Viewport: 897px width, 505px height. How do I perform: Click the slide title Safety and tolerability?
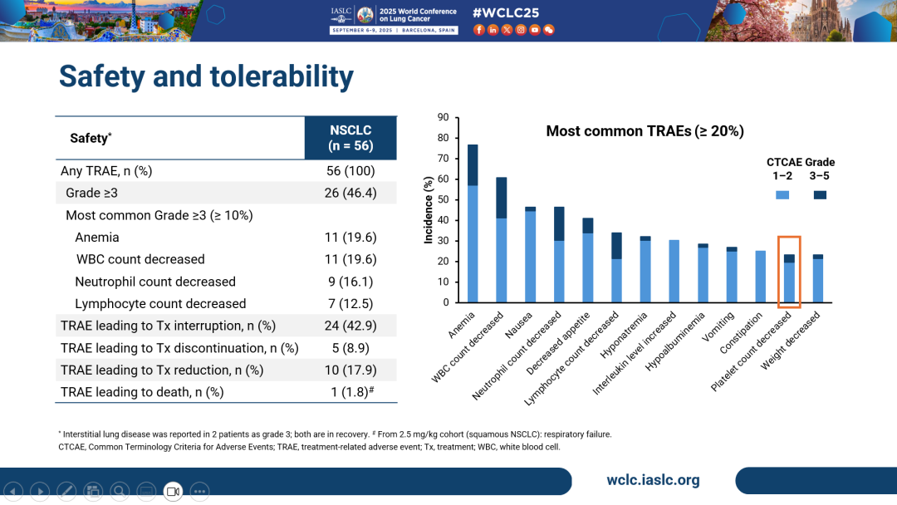point(206,76)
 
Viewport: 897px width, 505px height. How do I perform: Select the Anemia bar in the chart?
point(473,224)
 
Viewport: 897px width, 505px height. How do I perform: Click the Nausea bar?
point(530,254)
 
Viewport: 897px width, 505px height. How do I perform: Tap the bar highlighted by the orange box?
point(789,278)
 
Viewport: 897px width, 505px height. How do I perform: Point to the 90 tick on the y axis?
point(443,118)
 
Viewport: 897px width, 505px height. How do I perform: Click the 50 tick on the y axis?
point(443,200)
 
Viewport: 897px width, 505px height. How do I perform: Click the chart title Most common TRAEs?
point(645,131)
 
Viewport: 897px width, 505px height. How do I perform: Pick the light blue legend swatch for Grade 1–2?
point(782,194)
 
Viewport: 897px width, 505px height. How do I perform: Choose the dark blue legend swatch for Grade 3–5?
point(820,194)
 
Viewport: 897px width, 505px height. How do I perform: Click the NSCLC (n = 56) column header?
point(350,138)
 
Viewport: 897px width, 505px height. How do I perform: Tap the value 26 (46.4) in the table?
point(350,193)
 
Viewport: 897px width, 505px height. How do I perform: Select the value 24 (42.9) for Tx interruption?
point(350,326)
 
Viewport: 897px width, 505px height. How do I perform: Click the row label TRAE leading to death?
point(142,391)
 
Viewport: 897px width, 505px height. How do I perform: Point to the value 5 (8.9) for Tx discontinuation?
point(350,348)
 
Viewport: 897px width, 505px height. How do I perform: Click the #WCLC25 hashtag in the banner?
point(506,13)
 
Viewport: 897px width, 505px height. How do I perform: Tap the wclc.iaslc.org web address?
point(653,480)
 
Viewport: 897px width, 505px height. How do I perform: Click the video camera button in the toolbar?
point(173,492)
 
